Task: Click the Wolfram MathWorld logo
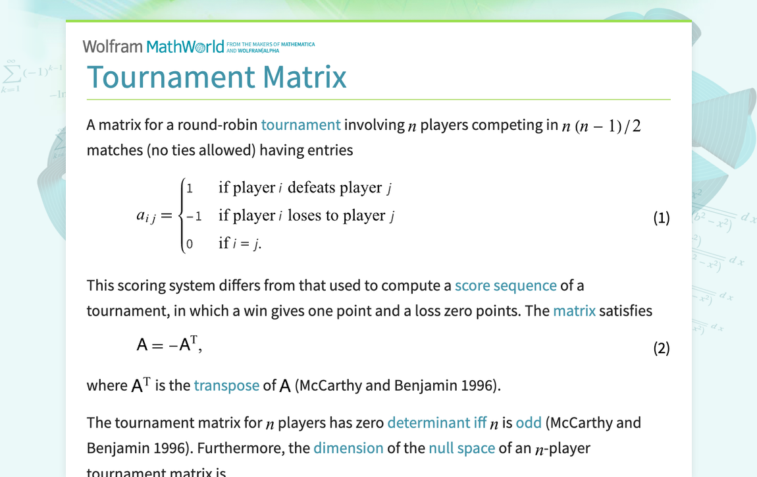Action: [x=153, y=46]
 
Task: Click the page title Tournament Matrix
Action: [x=217, y=76]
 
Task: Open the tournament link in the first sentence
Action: [x=301, y=125]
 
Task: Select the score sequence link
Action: [x=506, y=285]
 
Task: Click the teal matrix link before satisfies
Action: [x=574, y=310]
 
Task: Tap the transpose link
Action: [x=226, y=385]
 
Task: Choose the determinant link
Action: [x=429, y=422]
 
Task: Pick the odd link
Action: [x=528, y=422]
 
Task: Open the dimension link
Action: [x=348, y=448]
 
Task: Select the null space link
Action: [x=461, y=448]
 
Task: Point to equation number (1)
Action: [x=661, y=217]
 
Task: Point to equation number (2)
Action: [x=661, y=348]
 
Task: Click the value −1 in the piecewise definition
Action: [x=194, y=216]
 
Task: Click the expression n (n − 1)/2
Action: [x=601, y=125]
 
